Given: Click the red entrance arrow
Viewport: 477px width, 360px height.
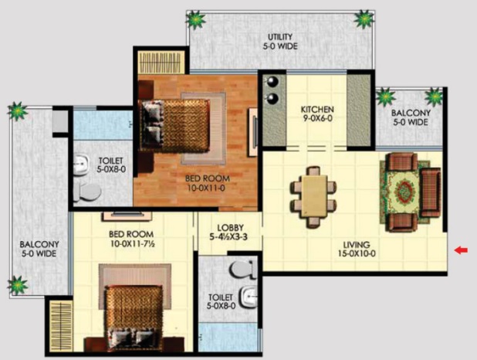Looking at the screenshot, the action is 462,250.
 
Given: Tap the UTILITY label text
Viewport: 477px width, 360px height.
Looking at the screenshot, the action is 280,37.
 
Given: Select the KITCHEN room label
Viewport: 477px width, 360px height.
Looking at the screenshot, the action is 317,109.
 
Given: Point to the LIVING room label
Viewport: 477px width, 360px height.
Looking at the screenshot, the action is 357,245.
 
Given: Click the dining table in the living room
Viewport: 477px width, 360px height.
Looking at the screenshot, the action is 313,196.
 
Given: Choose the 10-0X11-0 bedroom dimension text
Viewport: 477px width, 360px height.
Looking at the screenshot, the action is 206,188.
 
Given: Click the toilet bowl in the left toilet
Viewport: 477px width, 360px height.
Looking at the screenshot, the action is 87,192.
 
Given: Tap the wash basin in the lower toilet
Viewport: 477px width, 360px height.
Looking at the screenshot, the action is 249,297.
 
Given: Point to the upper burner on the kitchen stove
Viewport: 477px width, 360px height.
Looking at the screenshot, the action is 272,81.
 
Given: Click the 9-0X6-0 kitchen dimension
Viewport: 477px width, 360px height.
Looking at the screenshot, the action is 317,118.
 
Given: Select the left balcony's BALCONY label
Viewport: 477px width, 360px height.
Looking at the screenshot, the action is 39,244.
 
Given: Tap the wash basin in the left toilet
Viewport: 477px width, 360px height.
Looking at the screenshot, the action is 82,165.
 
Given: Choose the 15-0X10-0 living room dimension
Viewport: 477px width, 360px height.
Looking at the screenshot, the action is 357,253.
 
